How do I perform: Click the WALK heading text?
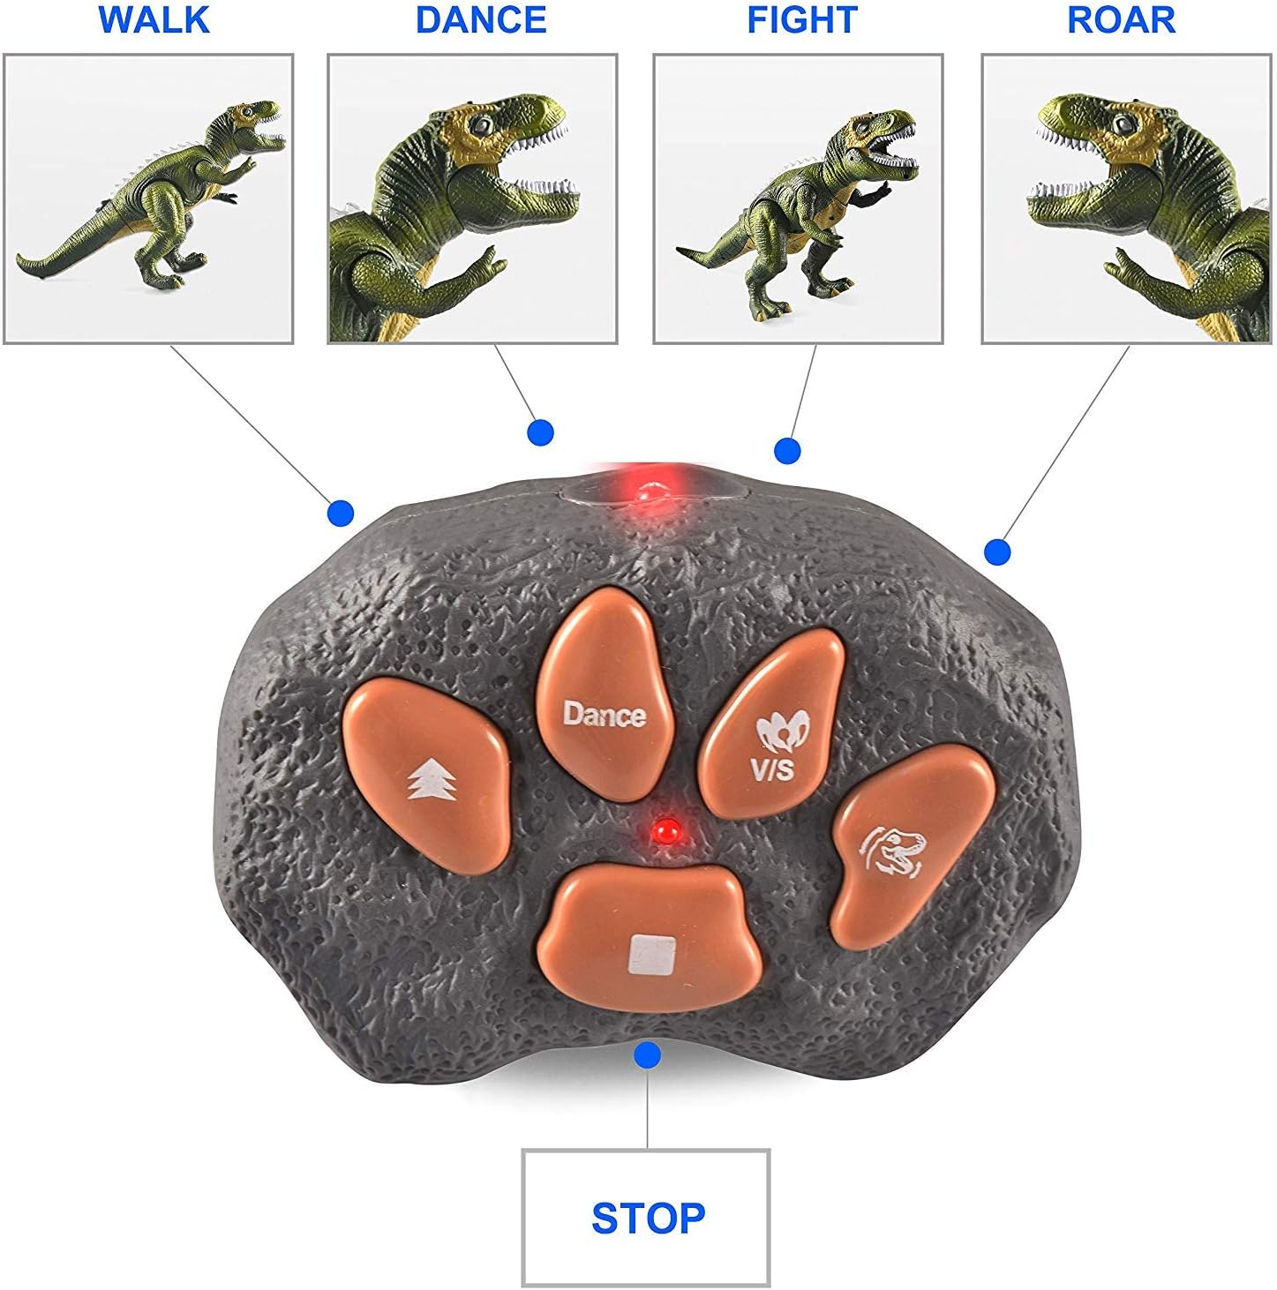[154, 19]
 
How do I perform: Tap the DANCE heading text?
[481, 19]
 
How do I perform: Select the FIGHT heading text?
[801, 19]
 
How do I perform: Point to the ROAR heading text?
[1121, 19]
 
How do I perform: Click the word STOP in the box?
[648, 1218]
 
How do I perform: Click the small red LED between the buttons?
[665, 829]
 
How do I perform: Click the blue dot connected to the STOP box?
[648, 1054]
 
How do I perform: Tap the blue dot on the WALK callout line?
[340, 513]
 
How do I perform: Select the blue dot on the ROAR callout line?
[996, 552]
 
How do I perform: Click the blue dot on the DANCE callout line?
[540, 432]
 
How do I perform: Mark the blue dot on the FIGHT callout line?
[787, 451]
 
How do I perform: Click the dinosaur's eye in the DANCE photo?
[481, 125]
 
